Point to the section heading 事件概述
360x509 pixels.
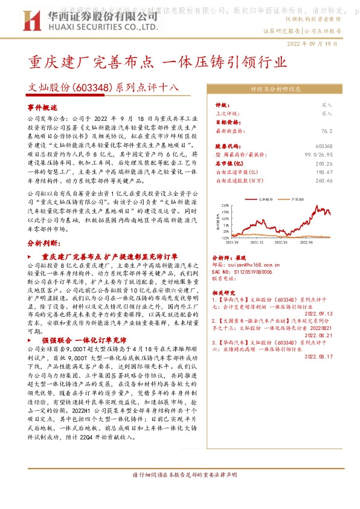coord(41,106)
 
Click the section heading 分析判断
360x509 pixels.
coord(43,242)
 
